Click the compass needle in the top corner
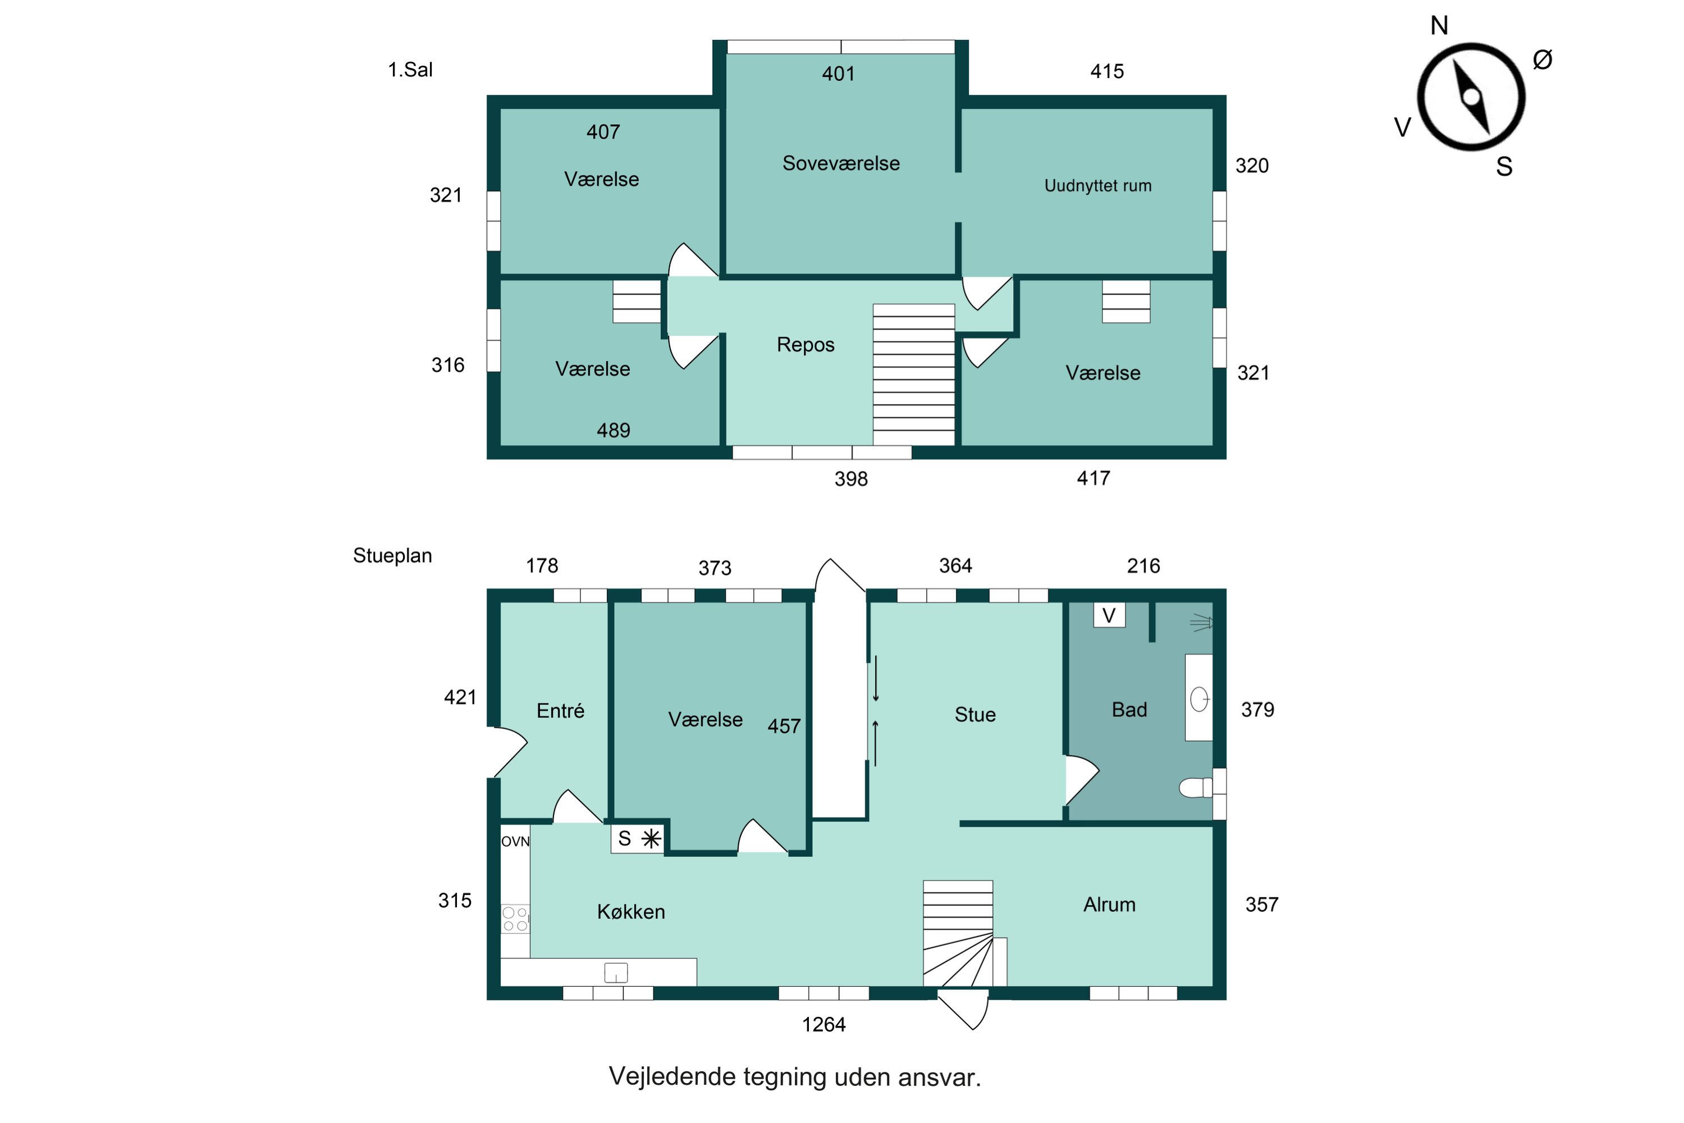click(1471, 97)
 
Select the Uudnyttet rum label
click(1097, 185)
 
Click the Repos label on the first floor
click(806, 345)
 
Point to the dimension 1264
click(823, 1025)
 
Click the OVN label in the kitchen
click(515, 841)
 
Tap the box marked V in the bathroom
click(1109, 615)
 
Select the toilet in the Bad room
click(1195, 788)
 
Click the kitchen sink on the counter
click(616, 973)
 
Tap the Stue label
click(975, 715)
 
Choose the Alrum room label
click(1109, 905)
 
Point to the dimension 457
click(784, 726)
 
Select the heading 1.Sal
click(410, 70)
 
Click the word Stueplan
click(392, 556)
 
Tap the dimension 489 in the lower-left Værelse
click(614, 431)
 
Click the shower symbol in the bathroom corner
click(1201, 623)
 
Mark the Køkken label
click(631, 912)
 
